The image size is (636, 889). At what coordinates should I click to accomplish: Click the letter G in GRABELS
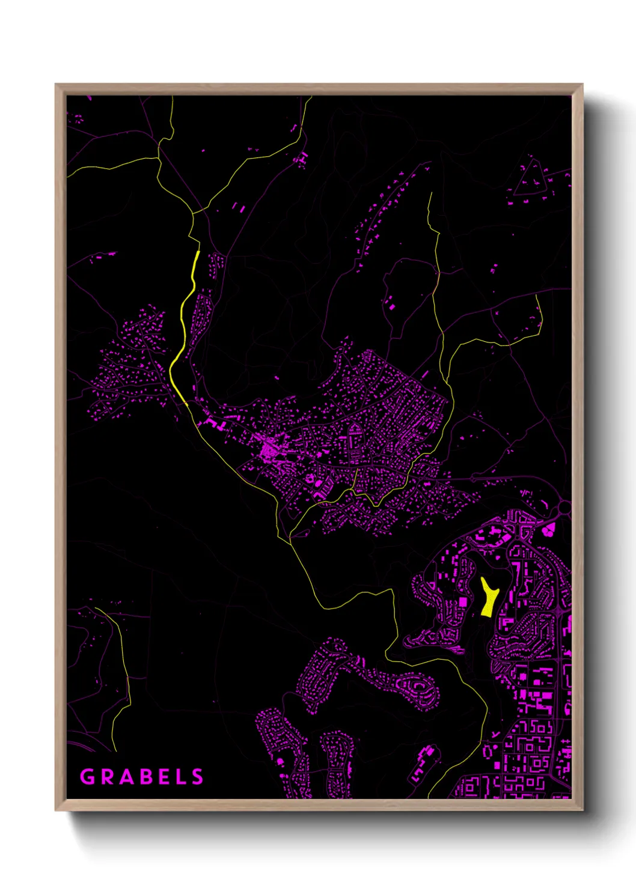[x=87, y=777]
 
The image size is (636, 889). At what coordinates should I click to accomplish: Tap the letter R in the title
[x=106, y=777]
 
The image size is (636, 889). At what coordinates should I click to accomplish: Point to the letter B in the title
[x=144, y=777]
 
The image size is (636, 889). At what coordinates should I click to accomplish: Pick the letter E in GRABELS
[x=162, y=777]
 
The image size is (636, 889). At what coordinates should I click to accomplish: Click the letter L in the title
[x=180, y=777]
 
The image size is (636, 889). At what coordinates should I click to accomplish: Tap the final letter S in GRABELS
[x=197, y=777]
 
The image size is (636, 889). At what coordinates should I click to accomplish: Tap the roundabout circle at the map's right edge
[x=564, y=508]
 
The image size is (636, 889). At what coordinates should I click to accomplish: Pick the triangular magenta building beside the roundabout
[x=549, y=529]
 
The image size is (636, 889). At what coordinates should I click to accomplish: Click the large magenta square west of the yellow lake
[x=463, y=602]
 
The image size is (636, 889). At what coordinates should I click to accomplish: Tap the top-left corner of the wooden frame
[x=56, y=85]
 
